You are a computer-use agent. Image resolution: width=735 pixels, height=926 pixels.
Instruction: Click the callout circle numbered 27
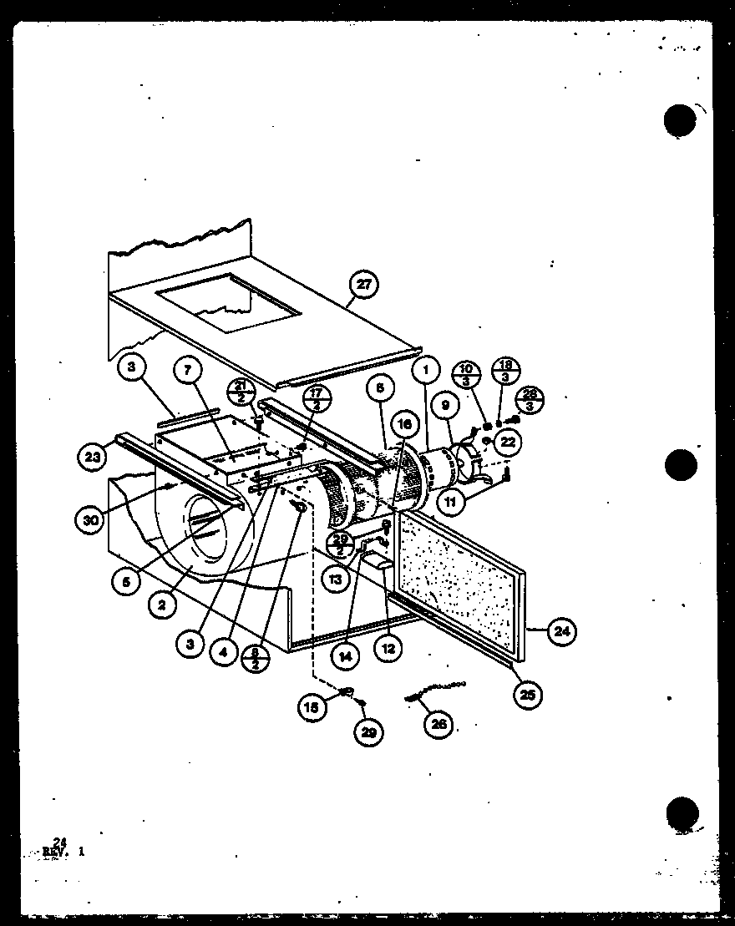coord(363,285)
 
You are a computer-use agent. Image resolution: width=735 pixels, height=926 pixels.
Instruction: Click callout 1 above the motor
coord(425,368)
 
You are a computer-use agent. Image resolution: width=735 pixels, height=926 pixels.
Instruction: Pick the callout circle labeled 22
coord(508,442)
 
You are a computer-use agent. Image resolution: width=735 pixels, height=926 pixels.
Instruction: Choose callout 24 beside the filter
coord(561,631)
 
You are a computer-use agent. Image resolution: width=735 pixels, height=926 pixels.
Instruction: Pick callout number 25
coord(528,693)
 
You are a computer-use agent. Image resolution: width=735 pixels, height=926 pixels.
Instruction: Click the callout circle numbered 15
coord(312,707)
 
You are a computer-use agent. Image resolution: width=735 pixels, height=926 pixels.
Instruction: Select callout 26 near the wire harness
coord(438,724)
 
